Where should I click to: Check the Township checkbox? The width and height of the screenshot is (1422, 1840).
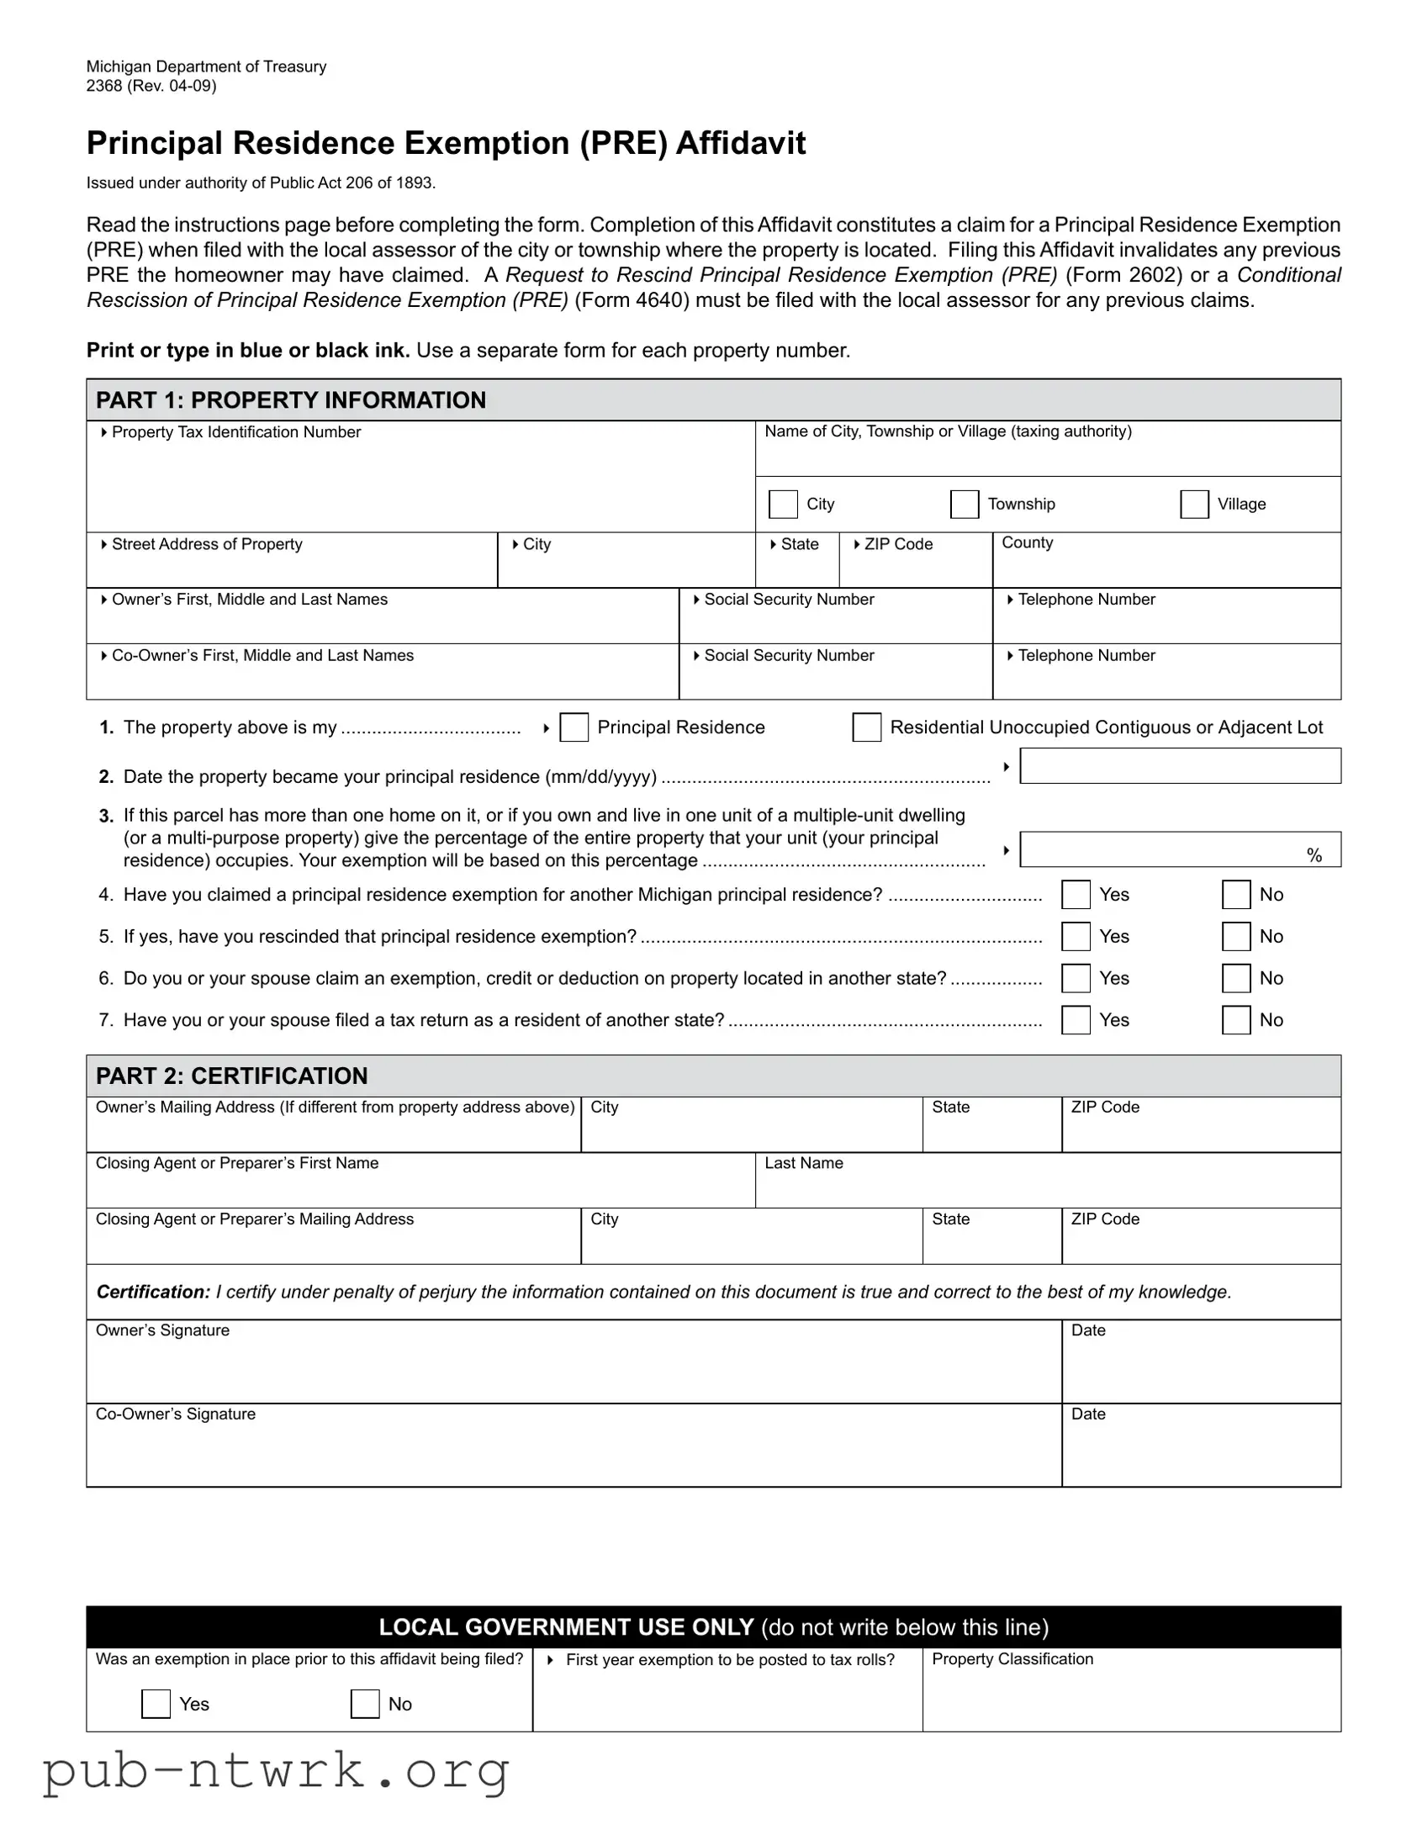click(964, 504)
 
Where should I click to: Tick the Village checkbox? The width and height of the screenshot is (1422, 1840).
click(1194, 504)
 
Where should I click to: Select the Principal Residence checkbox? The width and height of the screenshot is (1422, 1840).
click(574, 727)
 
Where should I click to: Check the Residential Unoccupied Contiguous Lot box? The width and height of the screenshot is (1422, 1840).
click(866, 727)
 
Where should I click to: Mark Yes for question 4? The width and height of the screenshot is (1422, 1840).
click(1076, 895)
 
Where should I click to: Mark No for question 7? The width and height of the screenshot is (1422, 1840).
click(1236, 1020)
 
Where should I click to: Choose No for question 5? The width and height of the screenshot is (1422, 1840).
click(1236, 937)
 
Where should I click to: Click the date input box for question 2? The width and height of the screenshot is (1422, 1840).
click(1179, 766)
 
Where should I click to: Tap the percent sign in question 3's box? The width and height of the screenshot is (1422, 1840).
click(1314, 855)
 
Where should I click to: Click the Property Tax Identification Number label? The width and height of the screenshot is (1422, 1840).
click(235, 432)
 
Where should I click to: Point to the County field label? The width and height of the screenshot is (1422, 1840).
click(1027, 542)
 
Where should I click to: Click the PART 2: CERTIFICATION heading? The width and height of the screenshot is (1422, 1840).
click(231, 1076)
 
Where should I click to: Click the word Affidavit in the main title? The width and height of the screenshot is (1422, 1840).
click(741, 143)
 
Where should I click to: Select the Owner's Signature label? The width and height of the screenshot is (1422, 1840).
click(162, 1330)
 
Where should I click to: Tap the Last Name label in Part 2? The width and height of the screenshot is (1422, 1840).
click(804, 1164)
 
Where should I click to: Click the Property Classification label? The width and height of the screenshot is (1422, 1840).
click(1012, 1659)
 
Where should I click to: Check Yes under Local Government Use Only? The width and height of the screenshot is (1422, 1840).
click(156, 1704)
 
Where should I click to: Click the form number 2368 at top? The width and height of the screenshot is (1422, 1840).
click(103, 86)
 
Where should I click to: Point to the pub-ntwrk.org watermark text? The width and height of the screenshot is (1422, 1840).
click(277, 1771)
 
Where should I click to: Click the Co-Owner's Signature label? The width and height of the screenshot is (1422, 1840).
click(175, 1414)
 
